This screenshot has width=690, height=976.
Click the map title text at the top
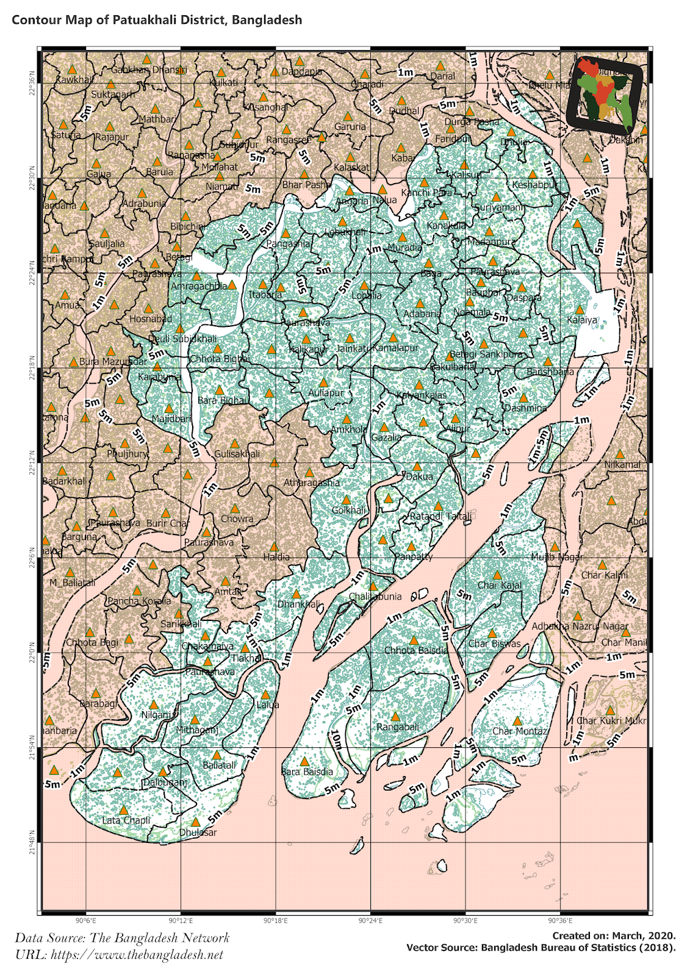tap(157, 20)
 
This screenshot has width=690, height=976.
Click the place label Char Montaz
tap(520, 731)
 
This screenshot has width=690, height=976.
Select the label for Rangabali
tap(398, 727)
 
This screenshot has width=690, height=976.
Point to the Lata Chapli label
tap(126, 820)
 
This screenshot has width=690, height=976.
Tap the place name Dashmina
tap(525, 407)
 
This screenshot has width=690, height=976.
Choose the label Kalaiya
tap(582, 320)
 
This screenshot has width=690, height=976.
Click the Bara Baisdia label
tap(307, 772)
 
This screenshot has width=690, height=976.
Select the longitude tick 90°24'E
tap(370, 920)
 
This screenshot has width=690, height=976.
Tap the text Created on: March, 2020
tap(614, 936)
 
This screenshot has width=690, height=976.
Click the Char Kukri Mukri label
tap(611, 720)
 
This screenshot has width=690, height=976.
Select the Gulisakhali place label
tap(237, 454)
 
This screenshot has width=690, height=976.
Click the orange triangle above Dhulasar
tap(195, 822)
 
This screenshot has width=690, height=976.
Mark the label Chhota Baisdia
tap(416, 650)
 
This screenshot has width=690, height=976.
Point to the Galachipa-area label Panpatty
tap(413, 556)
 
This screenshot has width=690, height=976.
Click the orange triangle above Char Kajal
tap(497, 575)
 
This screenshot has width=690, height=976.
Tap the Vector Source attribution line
tap(541, 948)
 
